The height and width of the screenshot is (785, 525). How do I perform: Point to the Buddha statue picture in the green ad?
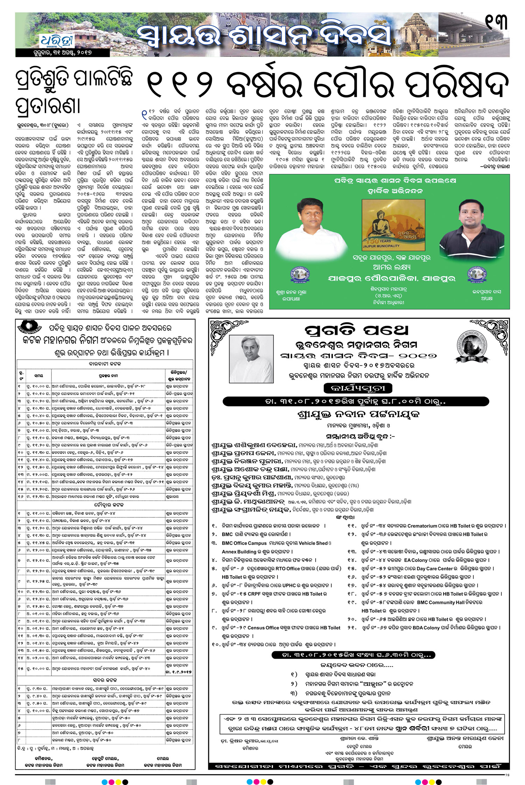[x=393, y=225]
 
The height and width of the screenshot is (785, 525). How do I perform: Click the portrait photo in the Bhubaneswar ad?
[x=251, y=359]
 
